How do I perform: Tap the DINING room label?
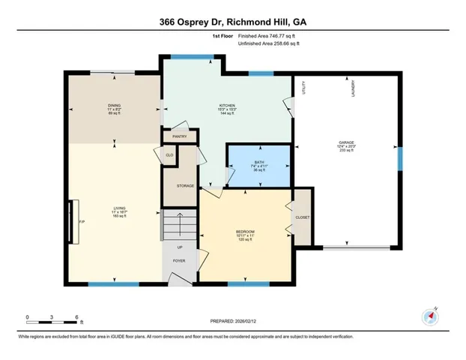(113, 105)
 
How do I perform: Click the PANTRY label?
(180, 136)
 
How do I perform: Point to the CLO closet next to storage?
(169, 154)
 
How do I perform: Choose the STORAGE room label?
(185, 185)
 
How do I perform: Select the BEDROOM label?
(245, 231)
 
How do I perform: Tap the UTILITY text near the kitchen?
(304, 88)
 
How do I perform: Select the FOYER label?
(180, 261)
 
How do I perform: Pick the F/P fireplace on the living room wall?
(73, 222)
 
